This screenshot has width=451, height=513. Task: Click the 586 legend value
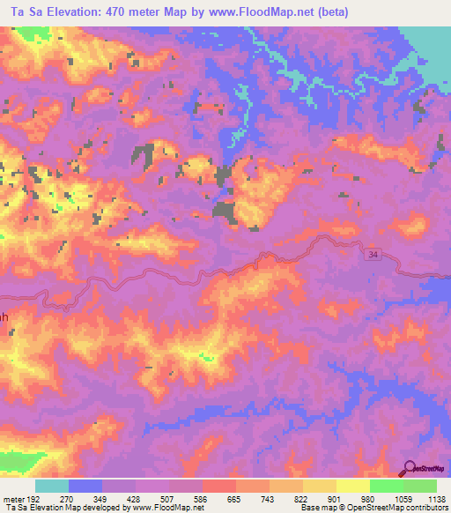click(x=201, y=499)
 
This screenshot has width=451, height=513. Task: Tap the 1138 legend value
click(x=435, y=499)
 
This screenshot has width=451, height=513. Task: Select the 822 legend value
click(x=301, y=499)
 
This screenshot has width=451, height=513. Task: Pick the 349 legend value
click(x=100, y=499)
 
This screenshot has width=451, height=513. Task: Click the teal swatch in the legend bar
click(x=52, y=486)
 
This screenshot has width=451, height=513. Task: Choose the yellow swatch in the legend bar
click(x=352, y=486)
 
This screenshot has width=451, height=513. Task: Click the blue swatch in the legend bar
click(x=85, y=486)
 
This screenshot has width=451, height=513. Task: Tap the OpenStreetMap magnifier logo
click(x=410, y=469)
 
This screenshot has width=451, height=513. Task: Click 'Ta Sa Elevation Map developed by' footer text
click(x=70, y=509)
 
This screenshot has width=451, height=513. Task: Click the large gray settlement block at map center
click(x=225, y=211)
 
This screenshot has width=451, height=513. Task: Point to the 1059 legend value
click(x=402, y=499)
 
